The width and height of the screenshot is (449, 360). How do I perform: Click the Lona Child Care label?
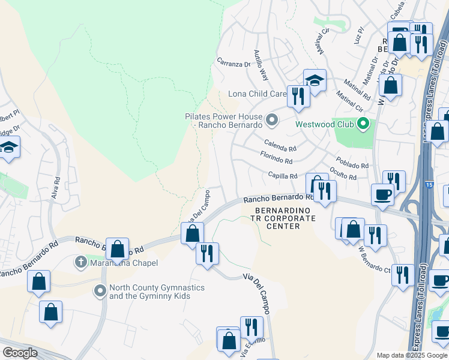coord(257,94)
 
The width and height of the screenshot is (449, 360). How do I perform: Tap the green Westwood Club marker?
coord(363,124)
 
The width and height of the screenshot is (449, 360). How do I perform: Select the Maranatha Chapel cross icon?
coord(81,262)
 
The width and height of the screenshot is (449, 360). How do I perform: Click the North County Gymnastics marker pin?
coord(100,292)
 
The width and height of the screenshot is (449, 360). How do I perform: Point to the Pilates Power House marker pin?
coord(272,121)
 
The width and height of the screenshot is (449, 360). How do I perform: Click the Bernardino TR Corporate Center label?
coord(285,218)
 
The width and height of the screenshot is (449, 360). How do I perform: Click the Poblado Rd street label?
coord(352,165)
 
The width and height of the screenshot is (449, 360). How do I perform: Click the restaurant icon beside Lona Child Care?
coord(298,96)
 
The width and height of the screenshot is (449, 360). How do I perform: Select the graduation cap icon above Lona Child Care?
coord(315,80)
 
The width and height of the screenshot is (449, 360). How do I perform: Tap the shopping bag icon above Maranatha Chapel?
coord(118,248)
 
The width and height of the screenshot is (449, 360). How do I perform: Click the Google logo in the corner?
coord(20,353)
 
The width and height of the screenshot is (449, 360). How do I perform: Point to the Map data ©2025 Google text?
coord(411,355)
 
